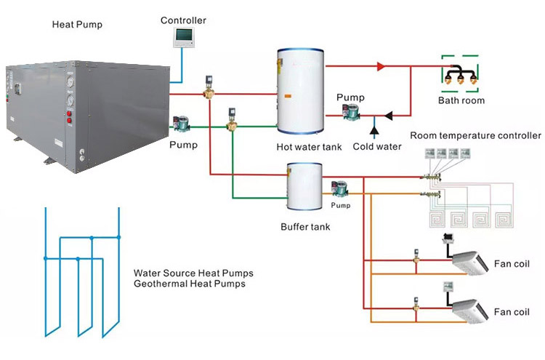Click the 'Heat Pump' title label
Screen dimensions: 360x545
(x=77, y=24)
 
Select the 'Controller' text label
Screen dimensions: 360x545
(x=183, y=20)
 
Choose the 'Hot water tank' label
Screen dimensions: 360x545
(x=309, y=147)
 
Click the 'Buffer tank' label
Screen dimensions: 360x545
(x=305, y=227)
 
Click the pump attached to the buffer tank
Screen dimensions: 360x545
(x=339, y=188)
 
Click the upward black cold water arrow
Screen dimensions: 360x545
(x=375, y=129)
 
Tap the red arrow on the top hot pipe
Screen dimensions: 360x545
(x=380, y=66)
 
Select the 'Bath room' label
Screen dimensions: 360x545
(x=461, y=100)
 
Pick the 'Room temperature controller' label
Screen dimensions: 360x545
(x=475, y=135)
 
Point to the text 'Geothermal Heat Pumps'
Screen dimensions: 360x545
(x=189, y=284)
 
